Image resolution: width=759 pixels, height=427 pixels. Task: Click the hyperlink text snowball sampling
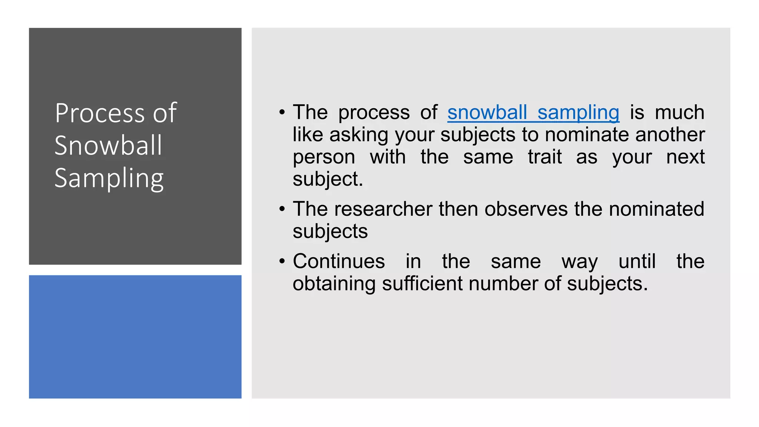[533, 113]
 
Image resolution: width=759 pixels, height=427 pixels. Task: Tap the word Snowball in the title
[108, 145]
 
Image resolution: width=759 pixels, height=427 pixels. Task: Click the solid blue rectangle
[135, 337]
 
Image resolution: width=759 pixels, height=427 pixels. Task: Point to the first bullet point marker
[282, 112]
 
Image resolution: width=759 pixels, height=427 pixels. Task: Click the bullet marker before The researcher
[282, 209]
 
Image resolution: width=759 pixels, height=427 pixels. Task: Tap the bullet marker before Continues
[282, 261]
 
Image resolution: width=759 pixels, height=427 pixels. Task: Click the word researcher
[383, 209]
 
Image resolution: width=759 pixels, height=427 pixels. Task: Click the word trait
[545, 157]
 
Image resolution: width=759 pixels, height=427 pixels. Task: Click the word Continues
[339, 261]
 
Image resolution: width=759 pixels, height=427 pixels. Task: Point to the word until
[637, 261]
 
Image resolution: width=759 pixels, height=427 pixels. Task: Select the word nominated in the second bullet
[656, 209]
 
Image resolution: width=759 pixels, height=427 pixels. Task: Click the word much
[679, 112]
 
